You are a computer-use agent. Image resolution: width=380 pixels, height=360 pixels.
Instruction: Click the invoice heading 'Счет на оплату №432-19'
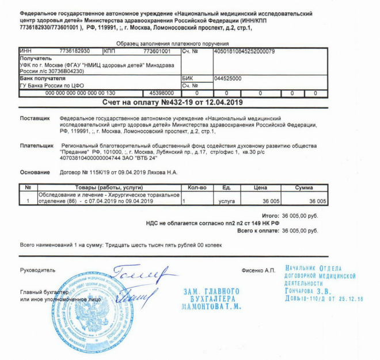tap(172, 102)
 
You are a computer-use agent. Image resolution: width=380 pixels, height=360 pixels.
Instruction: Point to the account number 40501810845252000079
tap(244, 51)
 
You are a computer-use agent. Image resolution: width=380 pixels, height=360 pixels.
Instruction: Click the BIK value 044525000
tap(227, 78)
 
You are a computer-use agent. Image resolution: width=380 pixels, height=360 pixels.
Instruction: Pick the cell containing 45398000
tap(162, 93)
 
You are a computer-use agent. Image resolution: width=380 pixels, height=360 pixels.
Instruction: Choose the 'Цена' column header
tap(261, 187)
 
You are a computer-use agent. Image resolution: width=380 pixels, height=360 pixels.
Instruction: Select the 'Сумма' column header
tap(304, 187)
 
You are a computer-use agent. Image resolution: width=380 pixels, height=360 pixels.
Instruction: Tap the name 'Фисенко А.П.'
tap(260, 269)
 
